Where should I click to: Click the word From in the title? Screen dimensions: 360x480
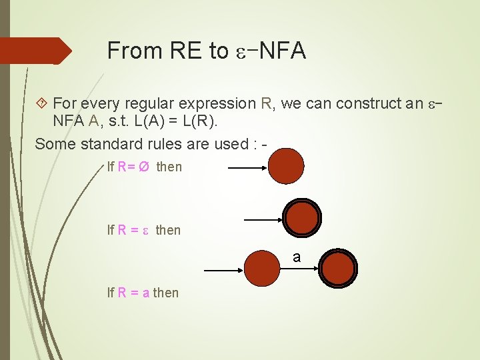click(x=135, y=51)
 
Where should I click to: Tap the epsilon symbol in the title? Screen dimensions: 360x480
click(x=239, y=52)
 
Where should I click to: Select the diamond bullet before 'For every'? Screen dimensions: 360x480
click(x=41, y=103)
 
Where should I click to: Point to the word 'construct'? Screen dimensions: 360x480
click(x=367, y=103)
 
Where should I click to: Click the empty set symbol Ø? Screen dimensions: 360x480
click(x=143, y=167)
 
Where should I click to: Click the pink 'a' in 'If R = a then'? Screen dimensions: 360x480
click(x=145, y=293)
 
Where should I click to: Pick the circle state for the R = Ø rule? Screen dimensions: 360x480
click(x=287, y=166)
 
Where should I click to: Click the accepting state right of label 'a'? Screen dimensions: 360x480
click(x=339, y=269)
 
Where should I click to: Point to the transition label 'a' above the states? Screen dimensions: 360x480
click(x=297, y=257)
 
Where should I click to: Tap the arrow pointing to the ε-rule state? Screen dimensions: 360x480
click(x=263, y=218)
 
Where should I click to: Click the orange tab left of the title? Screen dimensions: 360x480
click(x=33, y=51)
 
